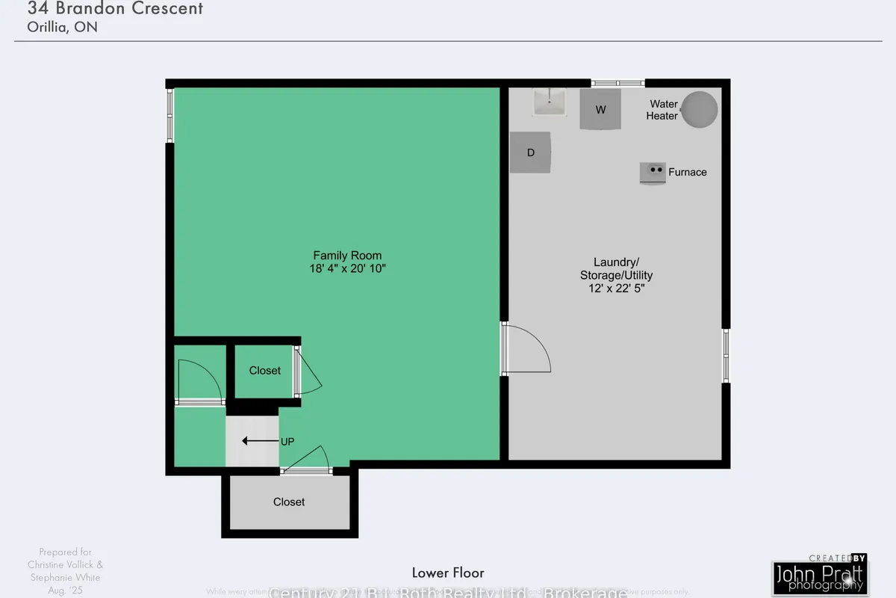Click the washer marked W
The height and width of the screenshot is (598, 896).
coord(600,110)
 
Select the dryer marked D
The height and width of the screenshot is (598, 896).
coord(531,152)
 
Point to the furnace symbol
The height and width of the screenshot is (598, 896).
coord(653,173)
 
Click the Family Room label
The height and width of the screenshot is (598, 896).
coord(347,255)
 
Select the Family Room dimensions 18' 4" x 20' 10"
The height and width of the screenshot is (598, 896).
coord(347,268)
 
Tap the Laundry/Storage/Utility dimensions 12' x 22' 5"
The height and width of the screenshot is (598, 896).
coord(616,289)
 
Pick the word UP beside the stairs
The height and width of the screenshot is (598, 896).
coord(287,442)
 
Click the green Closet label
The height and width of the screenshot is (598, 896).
coord(265,371)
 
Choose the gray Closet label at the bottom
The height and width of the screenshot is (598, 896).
coord(289,502)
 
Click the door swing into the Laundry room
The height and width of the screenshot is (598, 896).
coord(527,349)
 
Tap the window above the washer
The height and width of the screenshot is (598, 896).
coord(617,82)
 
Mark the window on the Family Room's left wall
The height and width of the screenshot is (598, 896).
coord(169,115)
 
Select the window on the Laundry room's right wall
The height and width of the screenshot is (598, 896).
coord(726,356)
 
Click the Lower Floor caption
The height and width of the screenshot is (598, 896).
coord(448,573)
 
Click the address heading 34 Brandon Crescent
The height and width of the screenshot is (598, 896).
coord(115,10)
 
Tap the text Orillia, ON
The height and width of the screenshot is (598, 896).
coord(63,28)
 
